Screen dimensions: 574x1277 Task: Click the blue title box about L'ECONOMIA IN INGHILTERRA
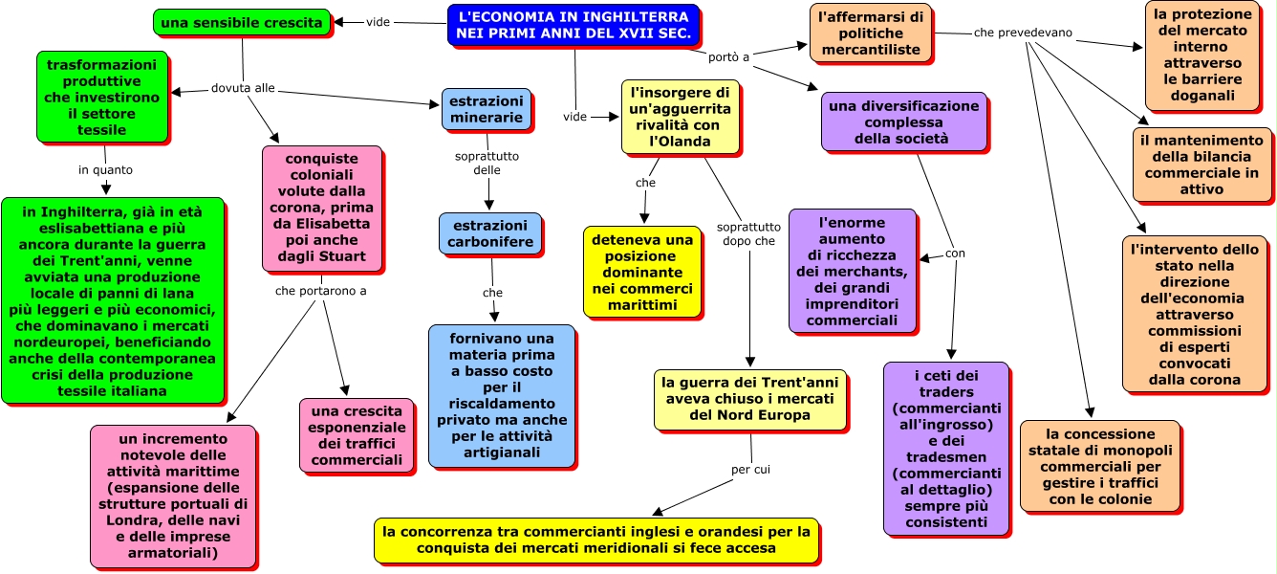(573, 25)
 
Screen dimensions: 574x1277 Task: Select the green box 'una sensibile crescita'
(242, 23)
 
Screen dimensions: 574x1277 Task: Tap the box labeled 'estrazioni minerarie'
(487, 109)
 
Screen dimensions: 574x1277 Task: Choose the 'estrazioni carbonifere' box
(490, 233)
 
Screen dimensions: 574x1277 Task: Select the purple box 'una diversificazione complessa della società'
(903, 121)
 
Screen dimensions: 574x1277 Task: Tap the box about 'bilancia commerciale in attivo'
(1201, 165)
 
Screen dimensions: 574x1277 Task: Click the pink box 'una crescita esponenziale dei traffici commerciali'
(357, 435)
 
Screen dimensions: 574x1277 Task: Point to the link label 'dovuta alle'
(243, 88)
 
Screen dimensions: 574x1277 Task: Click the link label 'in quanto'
(105, 170)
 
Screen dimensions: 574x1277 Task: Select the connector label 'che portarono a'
(320, 291)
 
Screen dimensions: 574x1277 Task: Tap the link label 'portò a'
(728, 57)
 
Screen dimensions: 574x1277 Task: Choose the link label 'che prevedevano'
(1023, 33)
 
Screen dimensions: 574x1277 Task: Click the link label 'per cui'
(750, 470)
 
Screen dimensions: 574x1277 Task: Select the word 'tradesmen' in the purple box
(946, 457)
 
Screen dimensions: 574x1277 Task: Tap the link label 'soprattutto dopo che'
(748, 234)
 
